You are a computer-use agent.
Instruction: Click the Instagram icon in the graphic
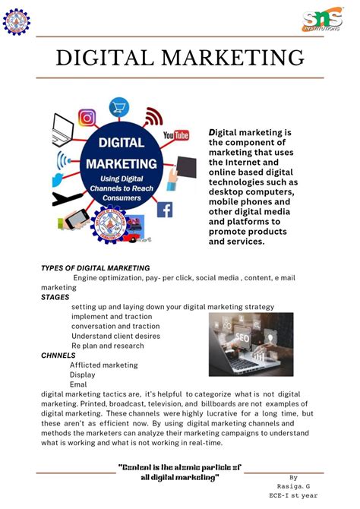click(87, 118)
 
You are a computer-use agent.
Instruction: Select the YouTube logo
click(176, 135)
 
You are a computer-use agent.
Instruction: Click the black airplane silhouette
click(67, 199)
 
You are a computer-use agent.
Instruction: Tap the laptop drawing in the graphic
click(62, 130)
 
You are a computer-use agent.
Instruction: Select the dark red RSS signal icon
click(153, 116)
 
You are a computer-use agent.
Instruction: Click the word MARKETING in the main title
click(229, 58)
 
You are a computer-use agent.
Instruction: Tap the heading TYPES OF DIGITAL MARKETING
click(95, 268)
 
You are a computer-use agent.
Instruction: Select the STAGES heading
click(55, 298)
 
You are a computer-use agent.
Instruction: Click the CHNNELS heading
click(58, 355)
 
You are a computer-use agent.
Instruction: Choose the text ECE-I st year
click(297, 496)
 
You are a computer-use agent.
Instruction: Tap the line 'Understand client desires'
click(115, 336)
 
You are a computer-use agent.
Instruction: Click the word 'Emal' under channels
click(78, 384)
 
